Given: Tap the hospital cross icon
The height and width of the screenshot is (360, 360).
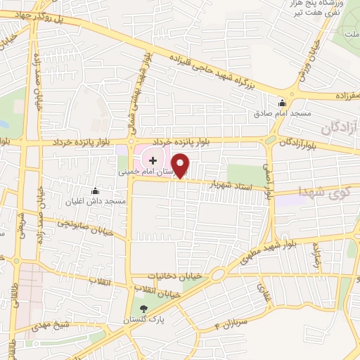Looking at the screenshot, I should pyautogui.click(x=153, y=161).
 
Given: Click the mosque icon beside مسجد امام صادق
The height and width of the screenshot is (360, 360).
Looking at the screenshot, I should pyautogui.click(x=283, y=102).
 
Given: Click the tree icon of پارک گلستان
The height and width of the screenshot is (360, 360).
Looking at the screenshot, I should pyautogui.click(x=144, y=309).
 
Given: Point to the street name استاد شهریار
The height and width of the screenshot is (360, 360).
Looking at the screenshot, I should pyautogui.click(x=233, y=186).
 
